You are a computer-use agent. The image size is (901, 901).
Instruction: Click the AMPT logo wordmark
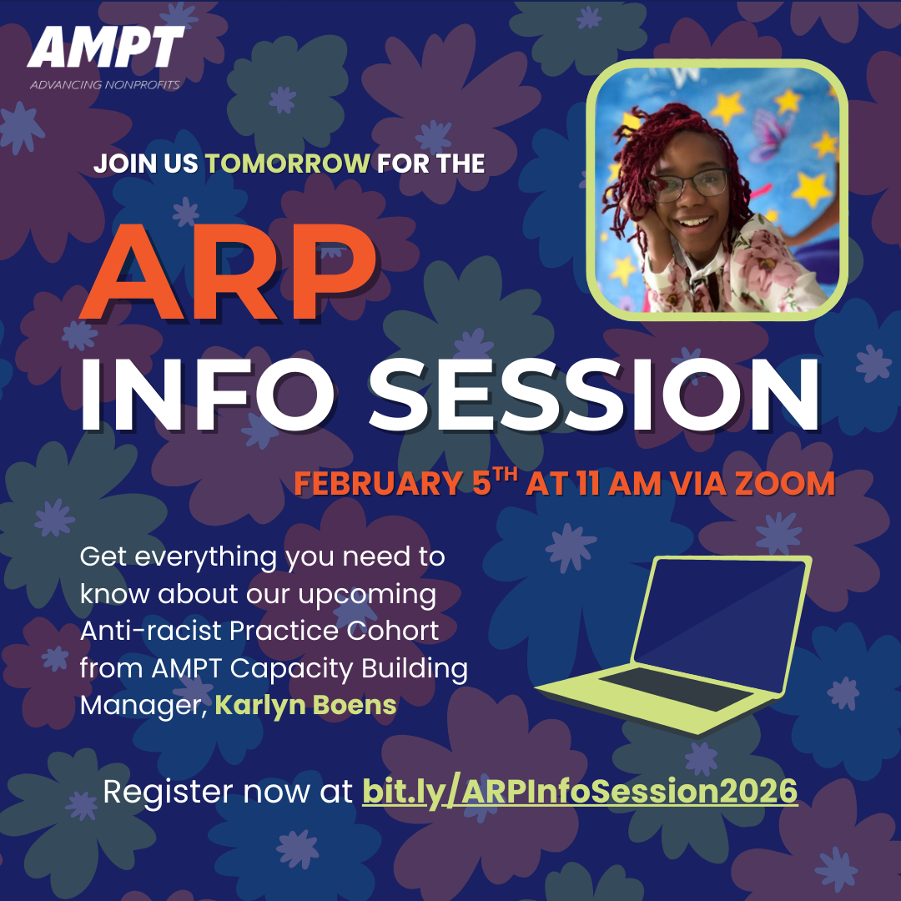click(106, 47)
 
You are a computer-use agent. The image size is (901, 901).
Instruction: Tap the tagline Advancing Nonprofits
click(104, 84)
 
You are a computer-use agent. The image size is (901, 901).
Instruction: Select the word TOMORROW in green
click(287, 163)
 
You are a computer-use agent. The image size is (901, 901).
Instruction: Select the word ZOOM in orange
click(785, 484)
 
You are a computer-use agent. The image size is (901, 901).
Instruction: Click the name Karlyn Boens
click(305, 705)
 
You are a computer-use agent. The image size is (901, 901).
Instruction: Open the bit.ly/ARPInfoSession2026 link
click(580, 791)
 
